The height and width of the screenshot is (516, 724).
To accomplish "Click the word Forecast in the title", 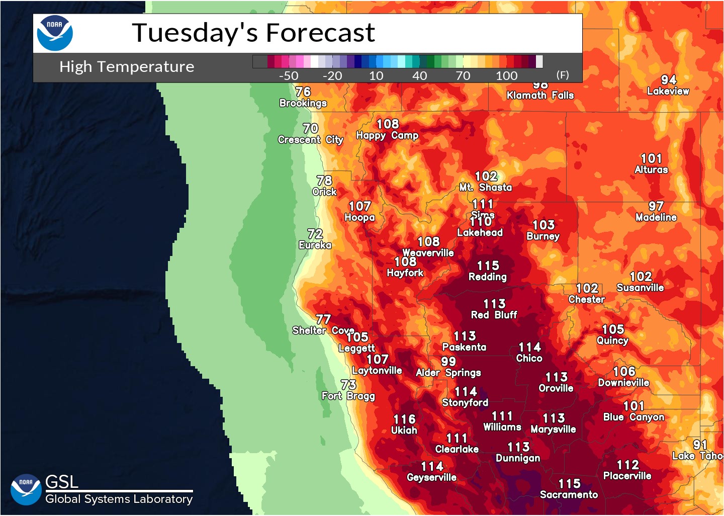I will (320, 33).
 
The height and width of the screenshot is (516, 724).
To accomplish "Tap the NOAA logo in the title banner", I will (55, 33).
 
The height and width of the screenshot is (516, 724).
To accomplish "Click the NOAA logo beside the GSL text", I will (26, 489).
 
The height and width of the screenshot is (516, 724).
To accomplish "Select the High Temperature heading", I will (127, 66).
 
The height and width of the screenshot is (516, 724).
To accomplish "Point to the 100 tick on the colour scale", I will (506, 75).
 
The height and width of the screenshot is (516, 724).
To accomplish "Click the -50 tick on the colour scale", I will (289, 75).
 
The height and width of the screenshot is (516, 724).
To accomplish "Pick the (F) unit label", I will (563, 75).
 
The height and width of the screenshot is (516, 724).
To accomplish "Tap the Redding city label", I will (487, 277).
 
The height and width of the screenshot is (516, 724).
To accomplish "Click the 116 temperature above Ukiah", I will (404, 419).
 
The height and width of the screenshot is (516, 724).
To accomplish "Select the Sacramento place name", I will (569, 494).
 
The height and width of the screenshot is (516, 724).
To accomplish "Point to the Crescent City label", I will (310, 140).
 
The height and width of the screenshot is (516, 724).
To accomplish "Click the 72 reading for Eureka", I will (315, 234).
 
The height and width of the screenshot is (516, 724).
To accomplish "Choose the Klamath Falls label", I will (540, 96).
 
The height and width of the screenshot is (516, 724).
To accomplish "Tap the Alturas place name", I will (651, 170).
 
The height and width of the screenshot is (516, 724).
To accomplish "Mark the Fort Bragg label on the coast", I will (348, 396).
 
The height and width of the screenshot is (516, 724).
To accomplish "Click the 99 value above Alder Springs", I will (448, 361).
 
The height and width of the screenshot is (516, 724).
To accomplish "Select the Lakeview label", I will (668, 91).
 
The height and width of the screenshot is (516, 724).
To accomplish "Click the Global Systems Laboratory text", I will (119, 499).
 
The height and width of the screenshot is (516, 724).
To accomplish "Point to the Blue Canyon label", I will (633, 417).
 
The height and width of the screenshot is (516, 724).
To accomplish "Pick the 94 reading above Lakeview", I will (669, 80).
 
